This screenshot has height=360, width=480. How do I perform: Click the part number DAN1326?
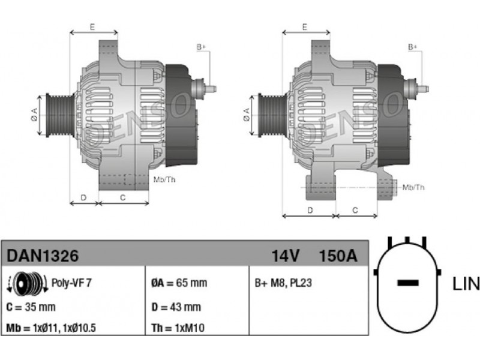coord(43,256)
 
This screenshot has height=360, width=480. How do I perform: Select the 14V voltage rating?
coord(286,256)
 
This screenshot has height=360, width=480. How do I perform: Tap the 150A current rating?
coord(338,256)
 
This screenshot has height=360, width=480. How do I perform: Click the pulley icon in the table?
coord(27,283)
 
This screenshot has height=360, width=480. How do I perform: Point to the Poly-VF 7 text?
coord(71,283)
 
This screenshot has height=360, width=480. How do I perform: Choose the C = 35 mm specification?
coord(31,307)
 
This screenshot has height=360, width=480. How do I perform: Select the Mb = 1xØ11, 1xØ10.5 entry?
coord(51,328)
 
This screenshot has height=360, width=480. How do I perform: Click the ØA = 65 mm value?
coord(179,283)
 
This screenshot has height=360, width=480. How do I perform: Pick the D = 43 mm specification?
coord(176,307)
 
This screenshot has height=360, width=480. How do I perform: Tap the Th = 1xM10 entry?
coord(178,328)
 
